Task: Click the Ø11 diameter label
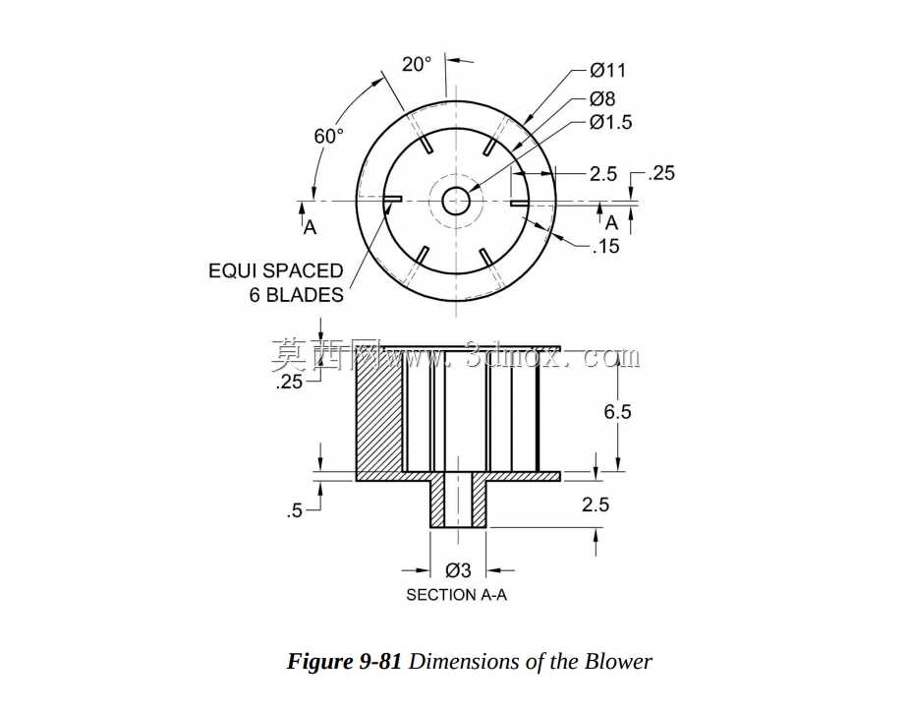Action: tap(607, 70)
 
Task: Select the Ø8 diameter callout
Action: tap(602, 98)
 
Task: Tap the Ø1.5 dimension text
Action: tap(610, 123)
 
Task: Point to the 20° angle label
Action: tap(417, 64)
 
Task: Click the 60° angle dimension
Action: tap(328, 136)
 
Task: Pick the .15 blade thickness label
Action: tap(606, 247)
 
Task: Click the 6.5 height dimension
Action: tap(617, 412)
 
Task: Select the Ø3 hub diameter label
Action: tap(458, 571)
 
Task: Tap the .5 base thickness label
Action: tap(295, 511)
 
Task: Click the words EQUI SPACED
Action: tap(276, 271)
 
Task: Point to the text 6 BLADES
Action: tap(296, 295)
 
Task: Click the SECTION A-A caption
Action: tap(456, 595)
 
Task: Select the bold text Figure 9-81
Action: tap(344, 662)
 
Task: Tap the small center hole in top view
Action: tap(456, 202)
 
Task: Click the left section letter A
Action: tap(311, 228)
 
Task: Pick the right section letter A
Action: tap(611, 223)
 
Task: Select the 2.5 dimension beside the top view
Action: tap(603, 174)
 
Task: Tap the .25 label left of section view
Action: tap(290, 383)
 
